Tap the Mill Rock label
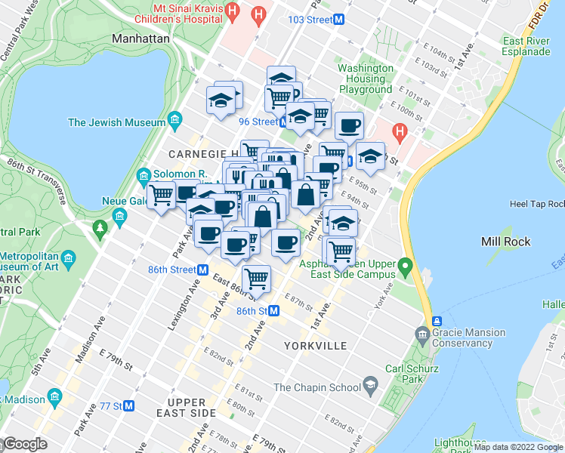coord(505,242)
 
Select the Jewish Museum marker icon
coord(174,120)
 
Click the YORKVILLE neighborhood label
coord(316,346)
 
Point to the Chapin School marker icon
coord(370,387)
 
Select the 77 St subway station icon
coord(128,405)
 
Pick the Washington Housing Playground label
coord(366,79)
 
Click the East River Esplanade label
coord(526,46)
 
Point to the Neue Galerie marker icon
coord(119,218)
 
